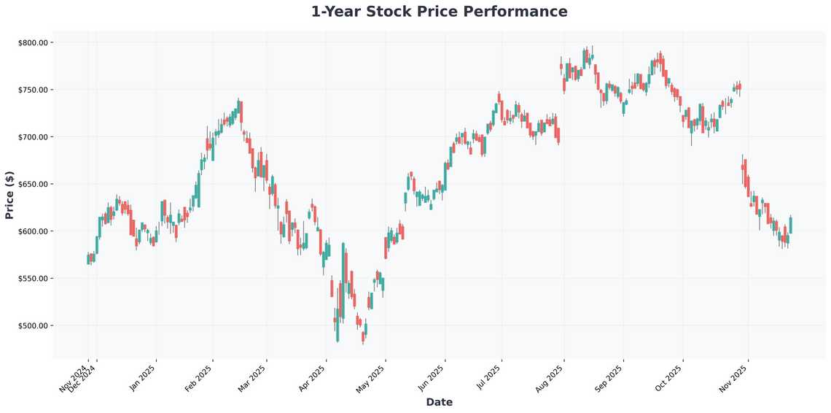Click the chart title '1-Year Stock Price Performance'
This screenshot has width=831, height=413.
(439, 12)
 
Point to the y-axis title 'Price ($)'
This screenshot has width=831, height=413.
(9, 195)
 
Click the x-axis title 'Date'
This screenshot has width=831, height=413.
(439, 402)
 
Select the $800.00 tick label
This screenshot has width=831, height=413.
(33, 43)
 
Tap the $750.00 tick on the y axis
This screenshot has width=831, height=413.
(33, 90)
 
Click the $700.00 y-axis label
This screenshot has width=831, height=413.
(33, 137)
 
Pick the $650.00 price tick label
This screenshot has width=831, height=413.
(33, 185)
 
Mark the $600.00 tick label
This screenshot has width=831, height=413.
(33, 231)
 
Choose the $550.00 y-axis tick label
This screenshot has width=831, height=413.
(33, 279)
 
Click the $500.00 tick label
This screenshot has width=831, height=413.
(33, 325)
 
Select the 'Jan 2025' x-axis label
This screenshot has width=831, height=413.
(143, 378)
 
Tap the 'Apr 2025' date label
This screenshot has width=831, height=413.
(313, 378)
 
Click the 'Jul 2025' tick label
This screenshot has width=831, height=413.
(488, 378)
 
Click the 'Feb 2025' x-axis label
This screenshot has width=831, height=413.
(200, 378)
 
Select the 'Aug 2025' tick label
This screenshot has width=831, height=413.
(550, 378)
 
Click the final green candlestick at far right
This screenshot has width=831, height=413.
(791, 225)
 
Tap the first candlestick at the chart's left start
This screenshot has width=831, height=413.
(88, 259)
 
